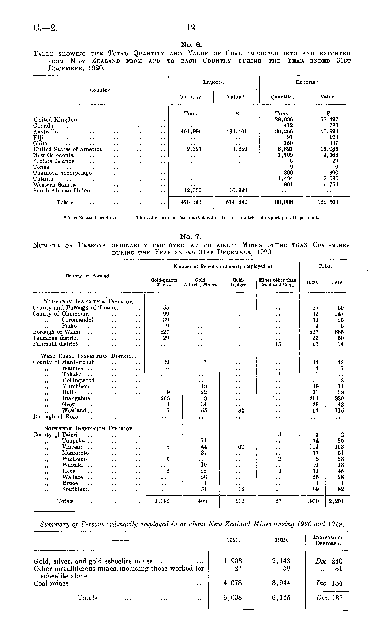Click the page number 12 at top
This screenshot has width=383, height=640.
[x=191, y=27]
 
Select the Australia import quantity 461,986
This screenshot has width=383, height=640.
[x=191, y=131]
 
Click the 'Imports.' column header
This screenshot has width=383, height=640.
[x=213, y=82]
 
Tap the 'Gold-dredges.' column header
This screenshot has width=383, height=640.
[x=238, y=282]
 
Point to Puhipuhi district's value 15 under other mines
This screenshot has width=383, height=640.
[x=278, y=344]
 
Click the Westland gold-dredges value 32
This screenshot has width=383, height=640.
[x=241, y=411]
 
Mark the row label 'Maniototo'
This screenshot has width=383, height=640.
[x=75, y=453]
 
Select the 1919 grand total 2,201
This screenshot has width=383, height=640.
[x=337, y=501]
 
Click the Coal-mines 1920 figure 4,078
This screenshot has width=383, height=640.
[x=233, y=583]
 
